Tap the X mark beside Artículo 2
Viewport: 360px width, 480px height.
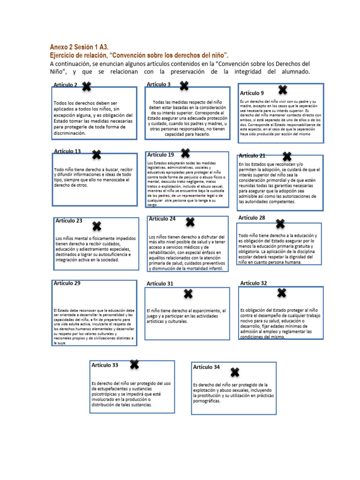[x=87, y=86]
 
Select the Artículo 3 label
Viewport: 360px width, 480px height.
[x=158, y=84]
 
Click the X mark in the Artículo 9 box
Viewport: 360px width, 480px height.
[x=282, y=90]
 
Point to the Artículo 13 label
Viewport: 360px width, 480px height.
[x=67, y=151]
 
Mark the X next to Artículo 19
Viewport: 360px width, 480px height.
[x=185, y=153]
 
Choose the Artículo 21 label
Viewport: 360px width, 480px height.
[x=252, y=156]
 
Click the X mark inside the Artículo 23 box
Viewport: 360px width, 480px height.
[x=97, y=227]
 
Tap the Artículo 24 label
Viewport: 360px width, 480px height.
[x=162, y=219]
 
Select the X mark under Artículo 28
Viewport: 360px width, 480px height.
[x=280, y=224]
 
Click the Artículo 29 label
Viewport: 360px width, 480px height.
[x=67, y=283]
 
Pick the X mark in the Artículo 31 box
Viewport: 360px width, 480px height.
[x=188, y=294]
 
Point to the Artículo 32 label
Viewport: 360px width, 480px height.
[x=254, y=283]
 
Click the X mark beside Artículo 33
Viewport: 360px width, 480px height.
[x=134, y=364]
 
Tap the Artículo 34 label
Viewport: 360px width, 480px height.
[x=206, y=367]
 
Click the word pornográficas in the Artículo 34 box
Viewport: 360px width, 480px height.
[x=207, y=401]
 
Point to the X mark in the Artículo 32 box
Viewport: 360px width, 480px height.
[x=282, y=293]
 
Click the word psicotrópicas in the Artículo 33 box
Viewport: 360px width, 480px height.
[x=107, y=394]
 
